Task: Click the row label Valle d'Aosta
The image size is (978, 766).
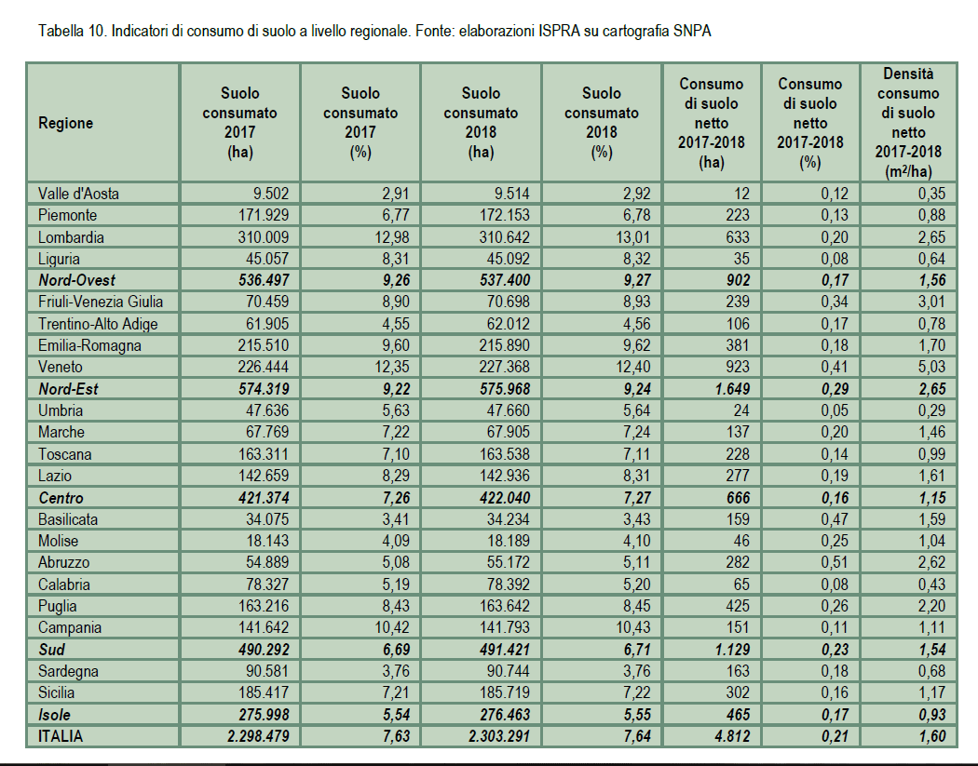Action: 78,194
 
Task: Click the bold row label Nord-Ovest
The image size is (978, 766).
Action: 76,280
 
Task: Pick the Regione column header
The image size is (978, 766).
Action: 65,123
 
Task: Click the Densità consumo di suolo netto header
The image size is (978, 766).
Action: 908,123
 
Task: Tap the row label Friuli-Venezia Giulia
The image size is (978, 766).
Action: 101,302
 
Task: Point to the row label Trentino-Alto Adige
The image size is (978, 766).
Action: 98,324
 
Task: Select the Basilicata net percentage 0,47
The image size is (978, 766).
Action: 832,518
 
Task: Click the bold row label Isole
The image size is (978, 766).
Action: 55,714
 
